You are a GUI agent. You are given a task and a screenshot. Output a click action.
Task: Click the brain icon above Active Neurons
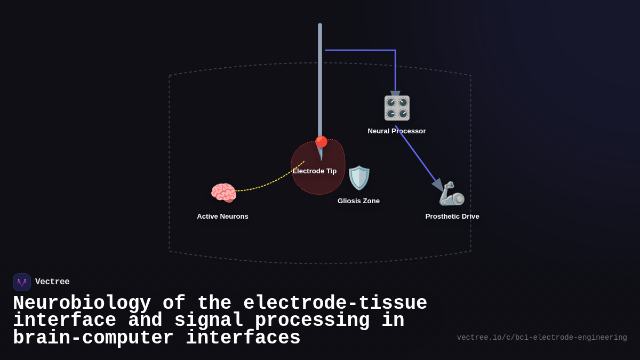pos(223,193)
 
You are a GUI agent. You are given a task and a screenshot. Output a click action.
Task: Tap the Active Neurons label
pos(222,217)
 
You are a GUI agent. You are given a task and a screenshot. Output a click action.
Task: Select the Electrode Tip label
pos(314,171)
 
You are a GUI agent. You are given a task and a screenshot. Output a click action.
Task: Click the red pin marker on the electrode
pos(321,142)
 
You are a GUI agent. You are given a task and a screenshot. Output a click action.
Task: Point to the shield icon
pos(359,178)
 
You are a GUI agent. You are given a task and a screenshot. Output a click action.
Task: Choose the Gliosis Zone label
pos(358,201)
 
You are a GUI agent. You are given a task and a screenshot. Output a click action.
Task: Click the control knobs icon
pos(397,108)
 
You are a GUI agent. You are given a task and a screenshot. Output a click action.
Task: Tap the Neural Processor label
pos(396,131)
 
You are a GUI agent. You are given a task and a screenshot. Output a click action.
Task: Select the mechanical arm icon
pos(452,194)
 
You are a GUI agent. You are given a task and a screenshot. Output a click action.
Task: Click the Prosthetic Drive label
pos(452,217)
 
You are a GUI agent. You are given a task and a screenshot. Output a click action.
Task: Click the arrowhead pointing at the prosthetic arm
pos(438,186)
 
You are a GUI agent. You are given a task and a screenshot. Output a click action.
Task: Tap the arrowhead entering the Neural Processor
pos(395,94)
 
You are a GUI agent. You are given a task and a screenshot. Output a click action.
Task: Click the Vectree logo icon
pos(22,282)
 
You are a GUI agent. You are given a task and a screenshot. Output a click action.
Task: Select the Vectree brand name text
pos(52,282)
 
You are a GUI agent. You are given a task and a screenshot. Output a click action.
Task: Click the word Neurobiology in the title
pos(82,303)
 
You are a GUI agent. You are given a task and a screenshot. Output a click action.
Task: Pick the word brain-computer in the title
pos(93,338)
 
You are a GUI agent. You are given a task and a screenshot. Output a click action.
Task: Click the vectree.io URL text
pos(541,338)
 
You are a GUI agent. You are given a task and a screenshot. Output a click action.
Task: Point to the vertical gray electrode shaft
pos(320,80)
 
